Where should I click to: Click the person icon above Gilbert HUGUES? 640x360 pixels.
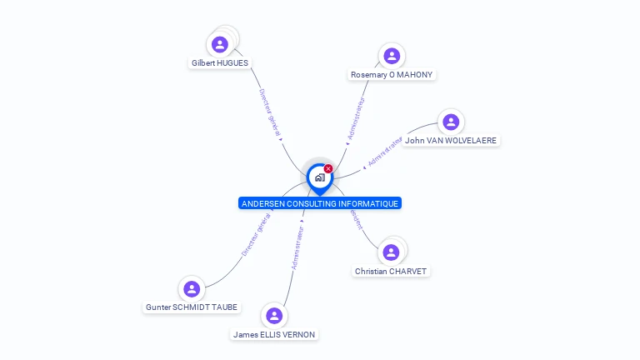tap(220, 44)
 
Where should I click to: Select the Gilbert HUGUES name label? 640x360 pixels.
tap(220, 62)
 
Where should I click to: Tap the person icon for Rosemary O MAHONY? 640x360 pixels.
tap(392, 56)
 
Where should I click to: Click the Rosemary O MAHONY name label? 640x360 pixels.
tap(392, 74)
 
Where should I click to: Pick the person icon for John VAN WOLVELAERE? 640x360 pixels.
tap(451, 122)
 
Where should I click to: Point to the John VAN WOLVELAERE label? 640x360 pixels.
tap(451, 141)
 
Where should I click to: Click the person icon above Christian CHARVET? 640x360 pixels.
tap(392, 252)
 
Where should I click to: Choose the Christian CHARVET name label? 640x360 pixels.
tap(392, 271)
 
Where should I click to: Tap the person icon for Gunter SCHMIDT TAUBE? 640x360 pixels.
tap(192, 289)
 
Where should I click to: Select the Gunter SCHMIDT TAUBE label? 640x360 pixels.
tap(192, 307)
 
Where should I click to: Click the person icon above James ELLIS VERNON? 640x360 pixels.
tap(274, 316)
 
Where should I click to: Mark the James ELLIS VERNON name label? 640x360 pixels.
tap(274, 334)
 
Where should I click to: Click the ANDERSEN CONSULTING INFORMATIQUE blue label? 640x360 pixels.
tap(320, 203)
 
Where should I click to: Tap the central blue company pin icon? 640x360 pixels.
tap(319, 177)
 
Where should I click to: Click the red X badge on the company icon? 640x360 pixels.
tap(328, 169)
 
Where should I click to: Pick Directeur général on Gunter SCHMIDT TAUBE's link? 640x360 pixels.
tap(255, 235)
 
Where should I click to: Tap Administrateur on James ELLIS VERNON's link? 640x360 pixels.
tap(297, 247)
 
